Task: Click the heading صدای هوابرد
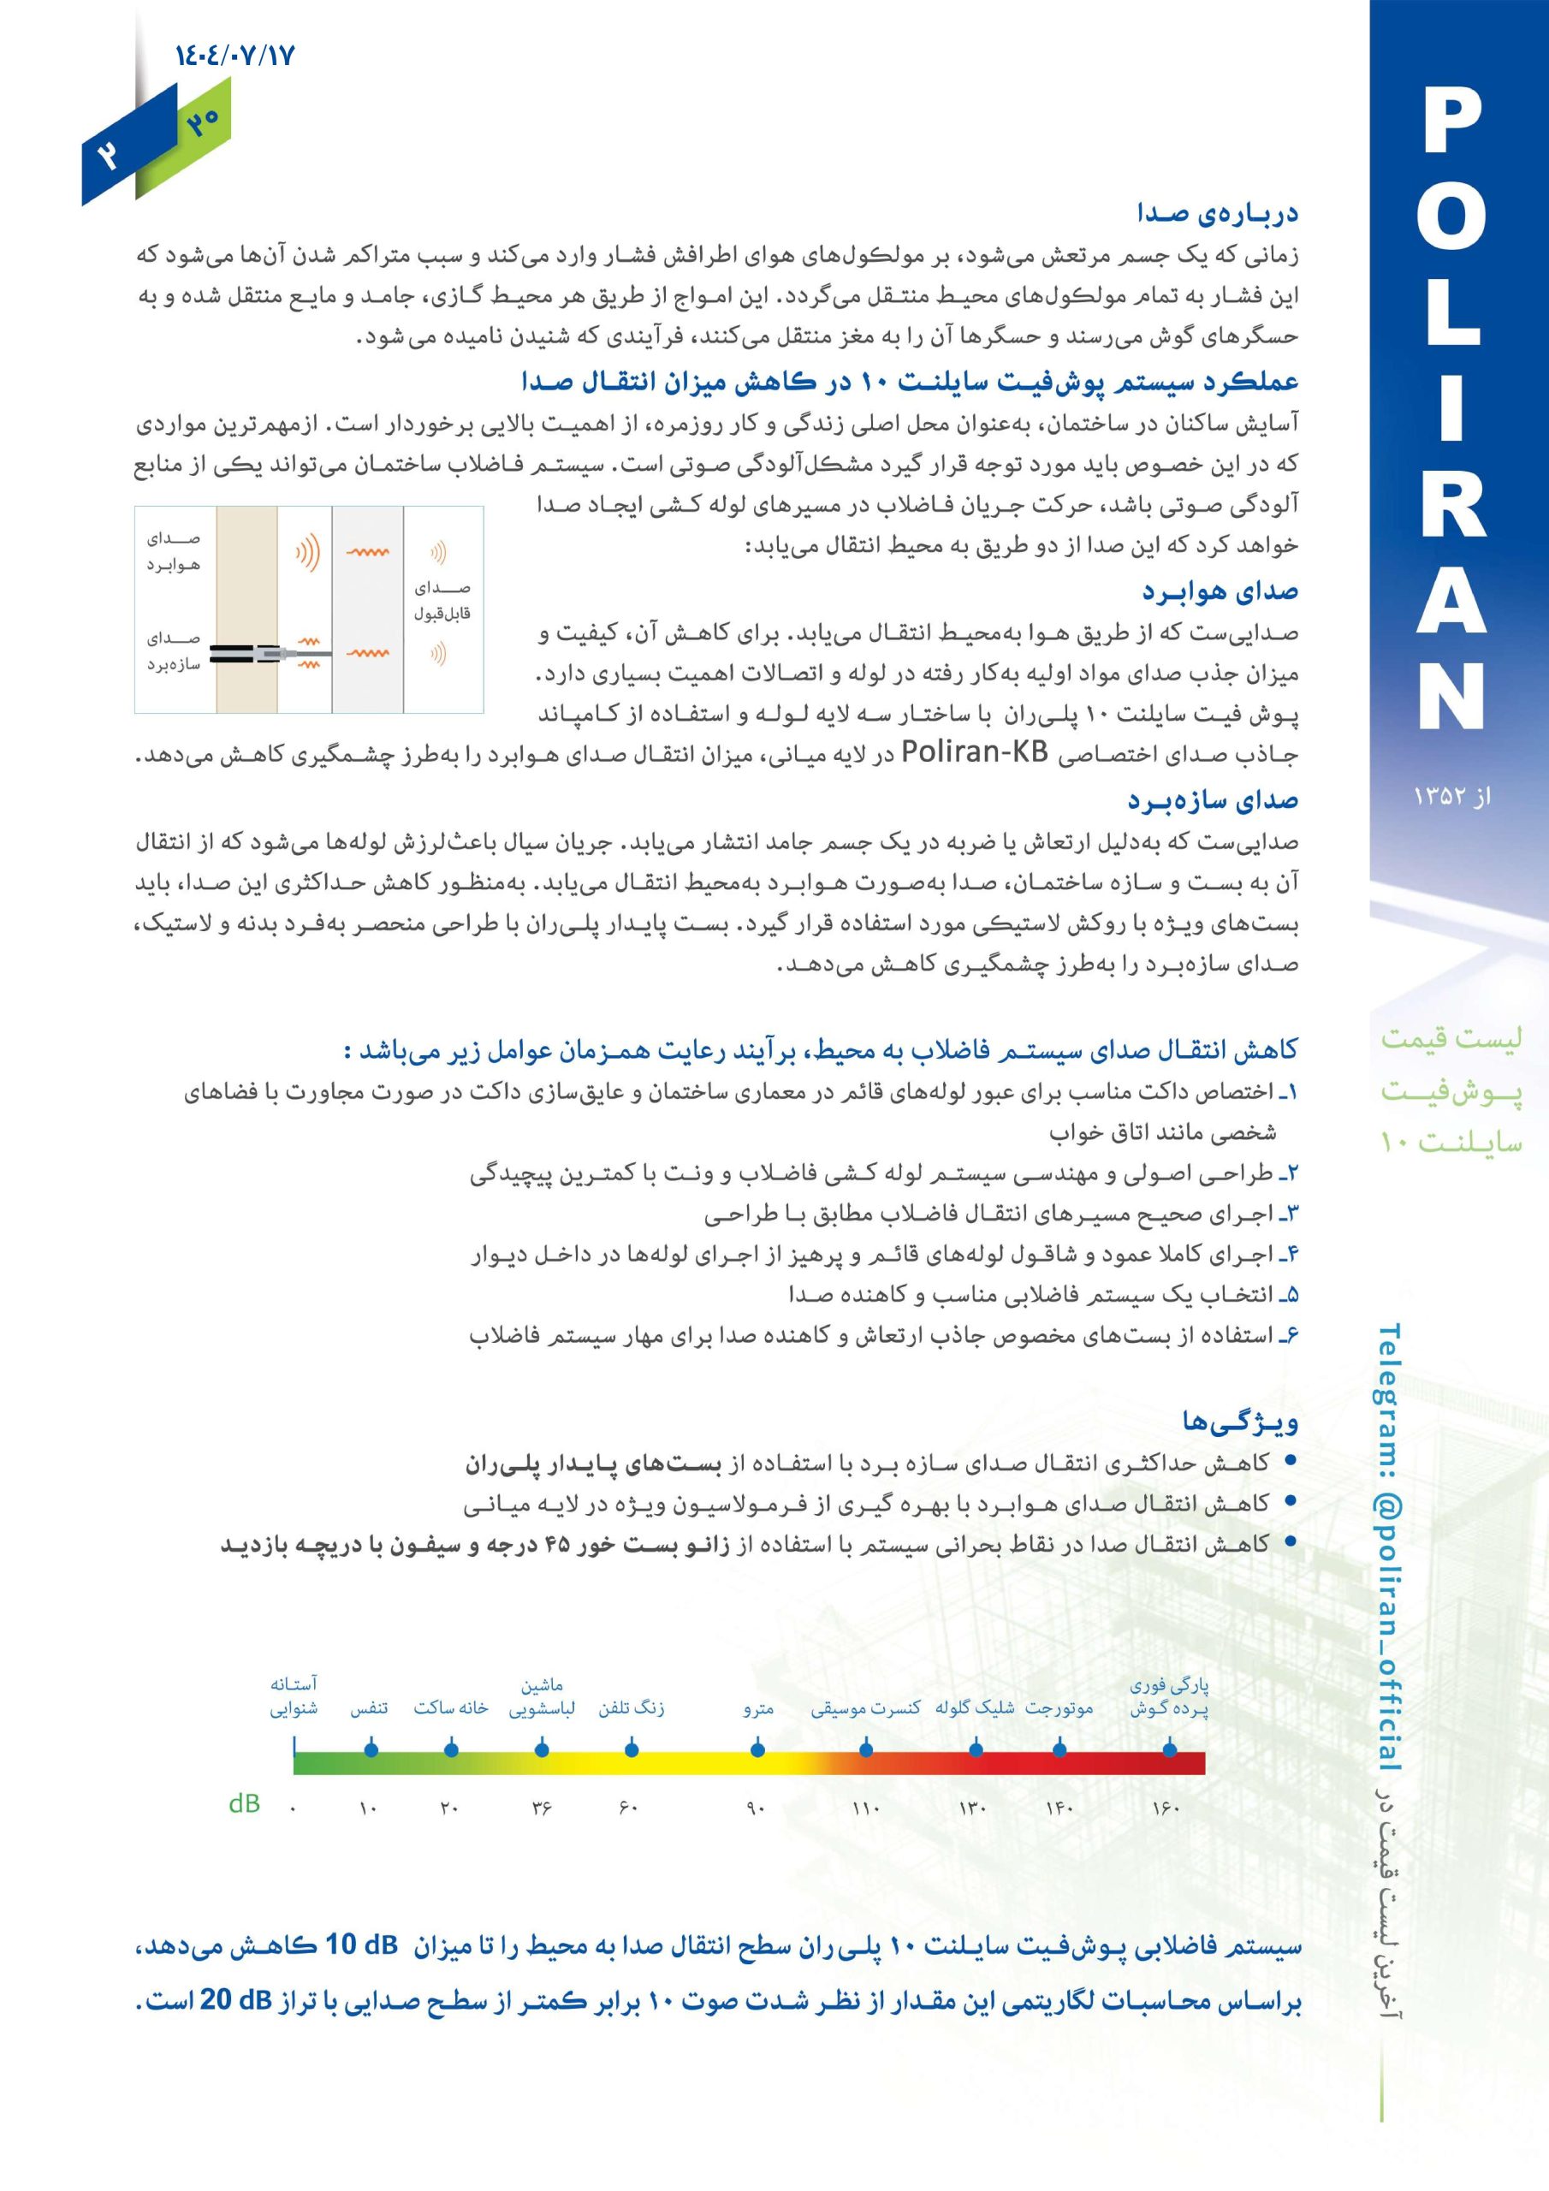coord(1220,591)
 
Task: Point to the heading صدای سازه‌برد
coord(1213,800)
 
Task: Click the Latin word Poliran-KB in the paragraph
coord(975,753)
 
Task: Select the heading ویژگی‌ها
coord(1240,1422)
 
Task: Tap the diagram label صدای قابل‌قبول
coord(442,600)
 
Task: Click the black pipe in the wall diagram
coord(234,654)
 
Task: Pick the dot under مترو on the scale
coord(757,1749)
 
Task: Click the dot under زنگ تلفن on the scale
coord(631,1749)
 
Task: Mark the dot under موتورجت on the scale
coord(1059,1749)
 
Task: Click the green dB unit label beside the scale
coord(244,1803)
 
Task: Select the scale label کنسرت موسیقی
coord(866,1708)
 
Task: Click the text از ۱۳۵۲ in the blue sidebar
coord(1451,796)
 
